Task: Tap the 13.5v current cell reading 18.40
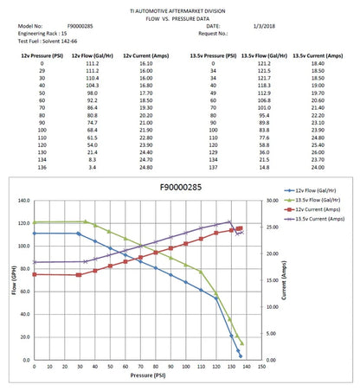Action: pyautogui.click(x=316, y=64)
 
